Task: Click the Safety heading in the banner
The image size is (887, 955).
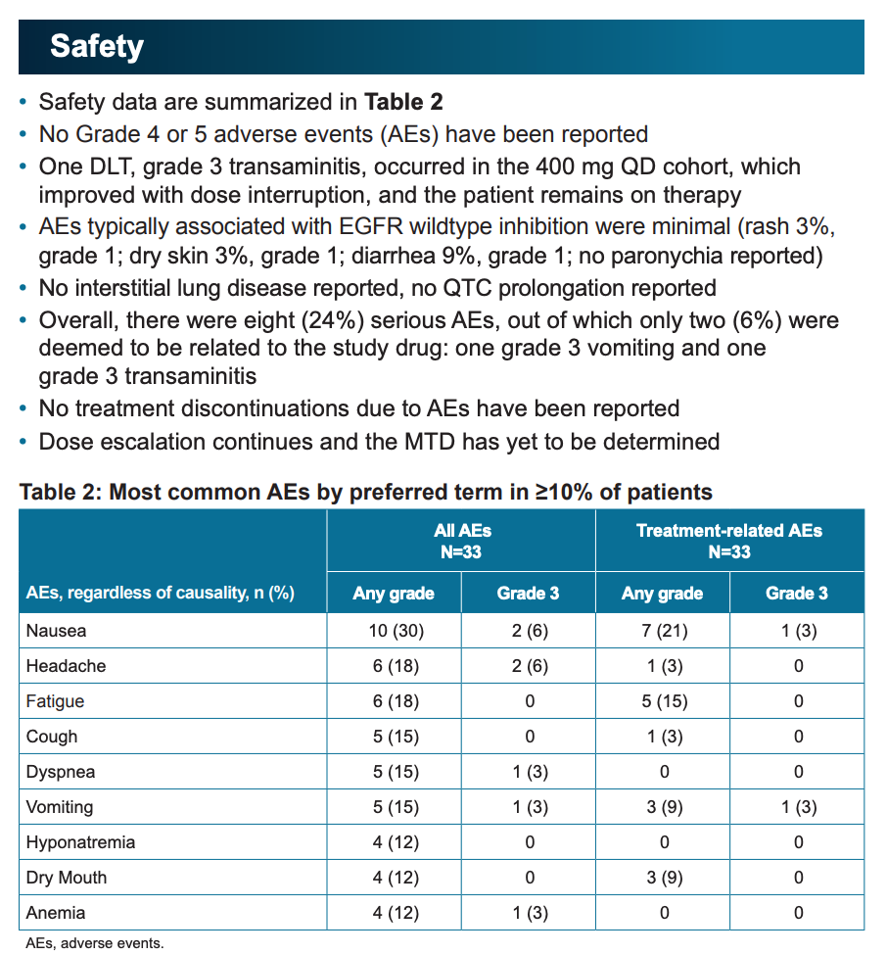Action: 97,46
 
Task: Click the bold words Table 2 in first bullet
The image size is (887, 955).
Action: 403,102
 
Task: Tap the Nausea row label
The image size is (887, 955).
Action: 56,631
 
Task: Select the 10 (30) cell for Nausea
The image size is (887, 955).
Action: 396,631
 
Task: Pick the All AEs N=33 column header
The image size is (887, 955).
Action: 461,541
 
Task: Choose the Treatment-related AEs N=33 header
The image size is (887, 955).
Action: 729,541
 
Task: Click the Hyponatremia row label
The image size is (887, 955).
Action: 80,842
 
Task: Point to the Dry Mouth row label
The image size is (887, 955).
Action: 67,878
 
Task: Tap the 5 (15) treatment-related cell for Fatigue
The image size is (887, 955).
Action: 664,701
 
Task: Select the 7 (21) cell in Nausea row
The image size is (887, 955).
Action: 664,631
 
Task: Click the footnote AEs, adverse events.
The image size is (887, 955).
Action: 95,943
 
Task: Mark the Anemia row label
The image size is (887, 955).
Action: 56,913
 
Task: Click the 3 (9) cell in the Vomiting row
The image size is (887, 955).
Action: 664,807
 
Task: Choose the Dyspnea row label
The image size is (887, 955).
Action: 61,772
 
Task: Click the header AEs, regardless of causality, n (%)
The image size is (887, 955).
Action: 161,593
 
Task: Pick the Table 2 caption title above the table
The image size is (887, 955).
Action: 366,492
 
